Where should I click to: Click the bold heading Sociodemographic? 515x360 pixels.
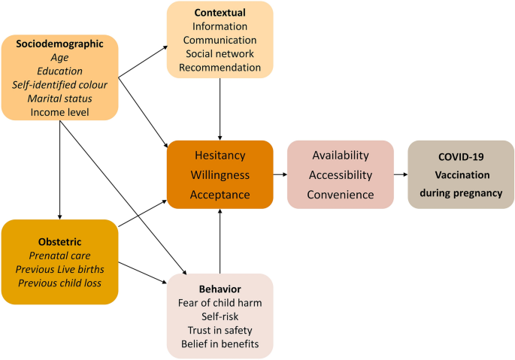point(60,44)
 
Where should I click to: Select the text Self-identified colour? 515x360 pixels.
point(60,84)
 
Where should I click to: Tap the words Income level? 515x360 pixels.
point(60,112)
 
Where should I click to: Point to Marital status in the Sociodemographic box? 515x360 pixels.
point(60,98)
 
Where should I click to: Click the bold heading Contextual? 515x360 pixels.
point(220,13)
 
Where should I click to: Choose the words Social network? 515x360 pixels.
point(220,54)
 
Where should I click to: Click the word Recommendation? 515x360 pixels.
point(220,68)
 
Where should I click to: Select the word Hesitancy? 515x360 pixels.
point(220,156)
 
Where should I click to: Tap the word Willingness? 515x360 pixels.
point(220,175)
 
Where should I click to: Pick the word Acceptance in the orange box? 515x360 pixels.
point(220,195)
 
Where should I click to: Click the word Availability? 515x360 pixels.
point(341,156)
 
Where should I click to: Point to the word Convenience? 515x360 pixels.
point(341,195)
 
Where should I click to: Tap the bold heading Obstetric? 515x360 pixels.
point(60,240)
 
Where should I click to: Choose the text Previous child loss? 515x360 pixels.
point(60,283)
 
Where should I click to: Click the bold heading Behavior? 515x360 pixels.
point(220,289)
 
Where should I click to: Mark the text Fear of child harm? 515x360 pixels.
point(220,303)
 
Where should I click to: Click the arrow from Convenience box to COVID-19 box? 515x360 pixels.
point(401,174)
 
